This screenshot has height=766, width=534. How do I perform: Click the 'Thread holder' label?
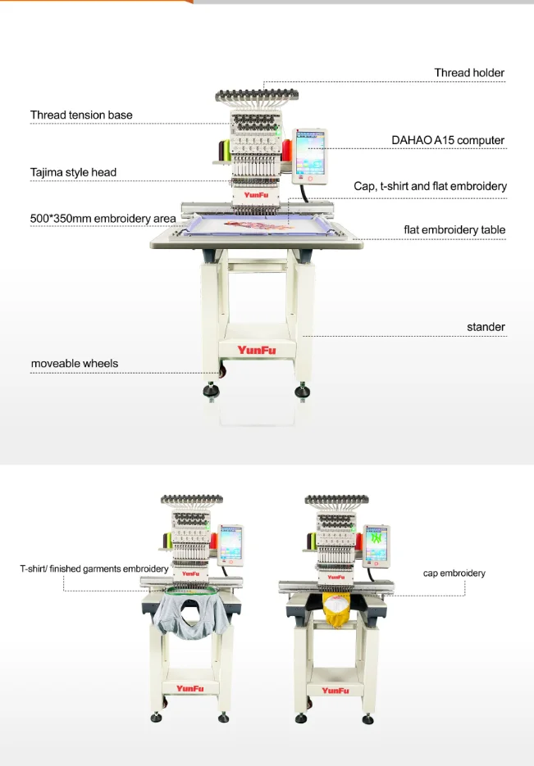click(469, 73)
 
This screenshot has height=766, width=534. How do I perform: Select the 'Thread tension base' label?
click(81, 115)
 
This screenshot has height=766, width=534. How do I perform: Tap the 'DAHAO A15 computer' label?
click(447, 140)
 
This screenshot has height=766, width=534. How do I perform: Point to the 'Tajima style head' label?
click(73, 172)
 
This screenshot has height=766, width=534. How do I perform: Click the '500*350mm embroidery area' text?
click(103, 219)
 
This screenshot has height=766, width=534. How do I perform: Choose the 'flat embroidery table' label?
click(454, 230)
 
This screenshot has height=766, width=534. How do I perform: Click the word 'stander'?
click(486, 327)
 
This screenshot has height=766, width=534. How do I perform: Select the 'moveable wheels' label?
click(75, 363)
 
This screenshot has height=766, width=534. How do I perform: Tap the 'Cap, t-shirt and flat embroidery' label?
click(430, 187)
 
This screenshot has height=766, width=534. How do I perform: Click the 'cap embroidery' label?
click(454, 573)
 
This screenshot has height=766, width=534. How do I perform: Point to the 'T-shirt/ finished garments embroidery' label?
click(94, 568)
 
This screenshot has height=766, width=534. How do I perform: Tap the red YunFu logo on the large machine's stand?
click(257, 350)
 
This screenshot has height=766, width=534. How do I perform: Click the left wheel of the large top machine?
click(211, 391)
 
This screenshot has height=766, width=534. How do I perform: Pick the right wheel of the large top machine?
click(303, 391)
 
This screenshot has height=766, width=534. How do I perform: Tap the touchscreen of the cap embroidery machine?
click(376, 543)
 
